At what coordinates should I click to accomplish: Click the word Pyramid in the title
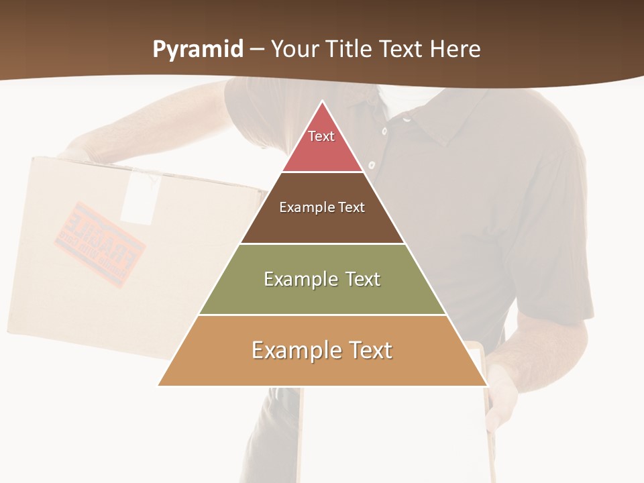pyautogui.click(x=198, y=49)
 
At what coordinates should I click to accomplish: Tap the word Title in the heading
pyautogui.click(x=354, y=49)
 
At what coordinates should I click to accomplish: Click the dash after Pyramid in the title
pyautogui.click(x=257, y=50)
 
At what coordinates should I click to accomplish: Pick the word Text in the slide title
pyautogui.click(x=404, y=49)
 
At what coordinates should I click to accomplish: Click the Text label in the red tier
pyautogui.click(x=321, y=136)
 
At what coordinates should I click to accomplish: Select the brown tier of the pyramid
pyautogui.click(x=322, y=221)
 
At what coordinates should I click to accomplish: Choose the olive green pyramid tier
pyautogui.click(x=322, y=295)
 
